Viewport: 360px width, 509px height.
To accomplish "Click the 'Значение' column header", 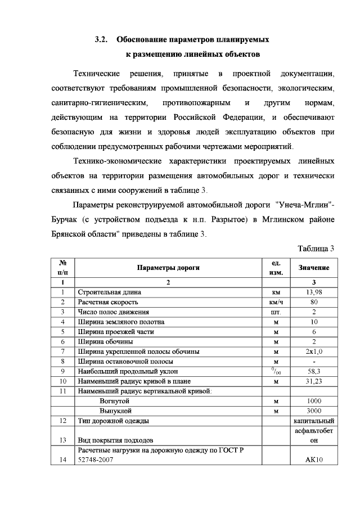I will tap(313, 268).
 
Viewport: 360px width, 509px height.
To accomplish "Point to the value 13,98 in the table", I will tap(313, 292).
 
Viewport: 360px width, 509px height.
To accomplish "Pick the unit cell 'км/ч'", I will tap(276, 302).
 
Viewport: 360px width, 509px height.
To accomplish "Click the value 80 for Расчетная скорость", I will tap(313, 302).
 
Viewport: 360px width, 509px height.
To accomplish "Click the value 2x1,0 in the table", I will tap(313, 352).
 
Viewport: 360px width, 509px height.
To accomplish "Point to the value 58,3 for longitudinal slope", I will tap(313, 372).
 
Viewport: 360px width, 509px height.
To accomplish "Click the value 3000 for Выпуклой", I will tap(313, 411).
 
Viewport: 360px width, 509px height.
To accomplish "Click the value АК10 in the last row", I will tap(313, 460).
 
